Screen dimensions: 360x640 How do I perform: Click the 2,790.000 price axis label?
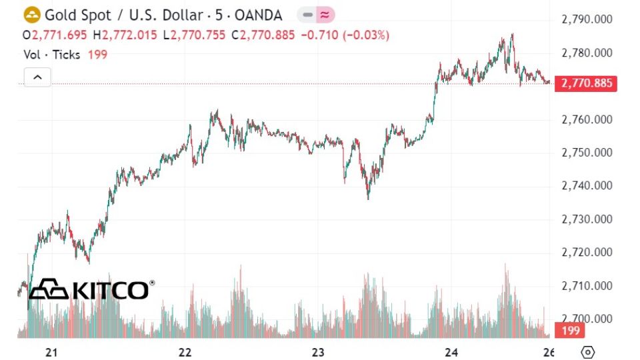pos(587,20)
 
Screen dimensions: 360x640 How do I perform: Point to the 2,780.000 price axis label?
pos(587,53)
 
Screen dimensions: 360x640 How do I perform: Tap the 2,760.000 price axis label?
pos(587,120)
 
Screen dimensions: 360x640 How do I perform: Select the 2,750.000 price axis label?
pos(587,153)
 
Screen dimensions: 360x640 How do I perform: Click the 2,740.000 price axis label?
pos(587,186)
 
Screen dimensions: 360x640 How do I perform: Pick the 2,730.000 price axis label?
pos(587,219)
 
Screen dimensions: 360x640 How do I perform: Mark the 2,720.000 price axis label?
pos(587,253)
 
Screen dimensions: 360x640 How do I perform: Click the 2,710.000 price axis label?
pos(587,286)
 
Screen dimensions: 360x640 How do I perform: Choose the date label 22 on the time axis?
pos(186,352)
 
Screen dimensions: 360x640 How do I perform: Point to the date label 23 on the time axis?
pos(318,352)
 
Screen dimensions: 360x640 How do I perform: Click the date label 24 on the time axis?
pos(451,352)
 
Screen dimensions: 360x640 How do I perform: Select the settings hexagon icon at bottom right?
pos(588,352)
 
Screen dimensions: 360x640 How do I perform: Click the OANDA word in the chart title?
pos(257,15)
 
